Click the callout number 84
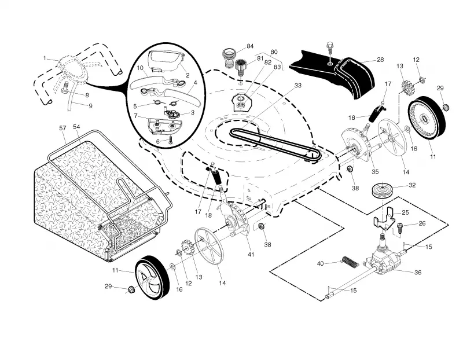tap(250, 46)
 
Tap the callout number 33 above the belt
tap(298, 85)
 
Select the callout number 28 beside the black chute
tap(380, 60)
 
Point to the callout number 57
tap(63, 128)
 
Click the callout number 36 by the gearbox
tap(418, 272)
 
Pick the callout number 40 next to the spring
tap(321, 263)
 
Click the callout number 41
tap(251, 254)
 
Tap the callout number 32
tap(412, 185)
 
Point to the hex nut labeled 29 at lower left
tap(130, 290)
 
